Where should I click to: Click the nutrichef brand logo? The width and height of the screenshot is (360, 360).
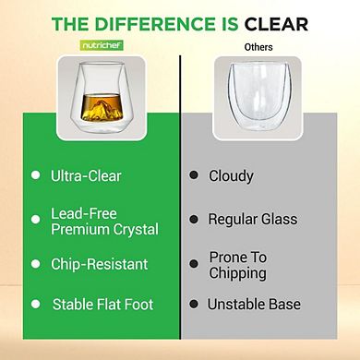pyautogui.click(x=89, y=44)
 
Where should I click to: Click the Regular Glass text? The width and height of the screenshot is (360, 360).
pyautogui.click(x=253, y=219)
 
